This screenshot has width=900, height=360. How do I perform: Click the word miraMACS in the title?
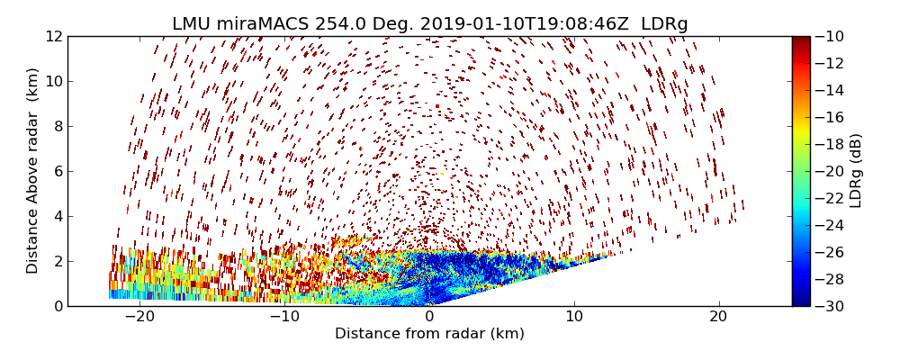pos(267,24)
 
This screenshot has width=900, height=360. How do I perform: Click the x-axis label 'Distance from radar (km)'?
pos(429,334)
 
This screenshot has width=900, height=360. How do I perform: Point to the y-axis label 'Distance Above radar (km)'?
pos(33,171)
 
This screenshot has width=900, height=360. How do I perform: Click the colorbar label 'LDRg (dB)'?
pos(856,171)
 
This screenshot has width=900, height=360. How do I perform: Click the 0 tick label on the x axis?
pos(430,317)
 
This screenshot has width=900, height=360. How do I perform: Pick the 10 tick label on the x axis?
pos(574,317)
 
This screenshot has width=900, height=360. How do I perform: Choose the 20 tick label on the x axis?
pos(719,317)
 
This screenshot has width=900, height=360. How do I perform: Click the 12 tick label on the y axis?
pos(53,36)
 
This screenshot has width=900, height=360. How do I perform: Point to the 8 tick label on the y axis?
pos(57,126)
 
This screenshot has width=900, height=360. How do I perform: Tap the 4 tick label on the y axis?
pos(57,216)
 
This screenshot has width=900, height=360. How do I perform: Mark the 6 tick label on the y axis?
pos(57,171)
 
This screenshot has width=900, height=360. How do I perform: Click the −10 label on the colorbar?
pos(830,36)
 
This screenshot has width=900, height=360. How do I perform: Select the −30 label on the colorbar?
pos(830,306)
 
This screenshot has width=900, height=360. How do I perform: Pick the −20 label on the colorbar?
pos(830,171)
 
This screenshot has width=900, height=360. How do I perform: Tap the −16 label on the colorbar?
pos(830,117)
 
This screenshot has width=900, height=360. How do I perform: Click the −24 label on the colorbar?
pos(830,225)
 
